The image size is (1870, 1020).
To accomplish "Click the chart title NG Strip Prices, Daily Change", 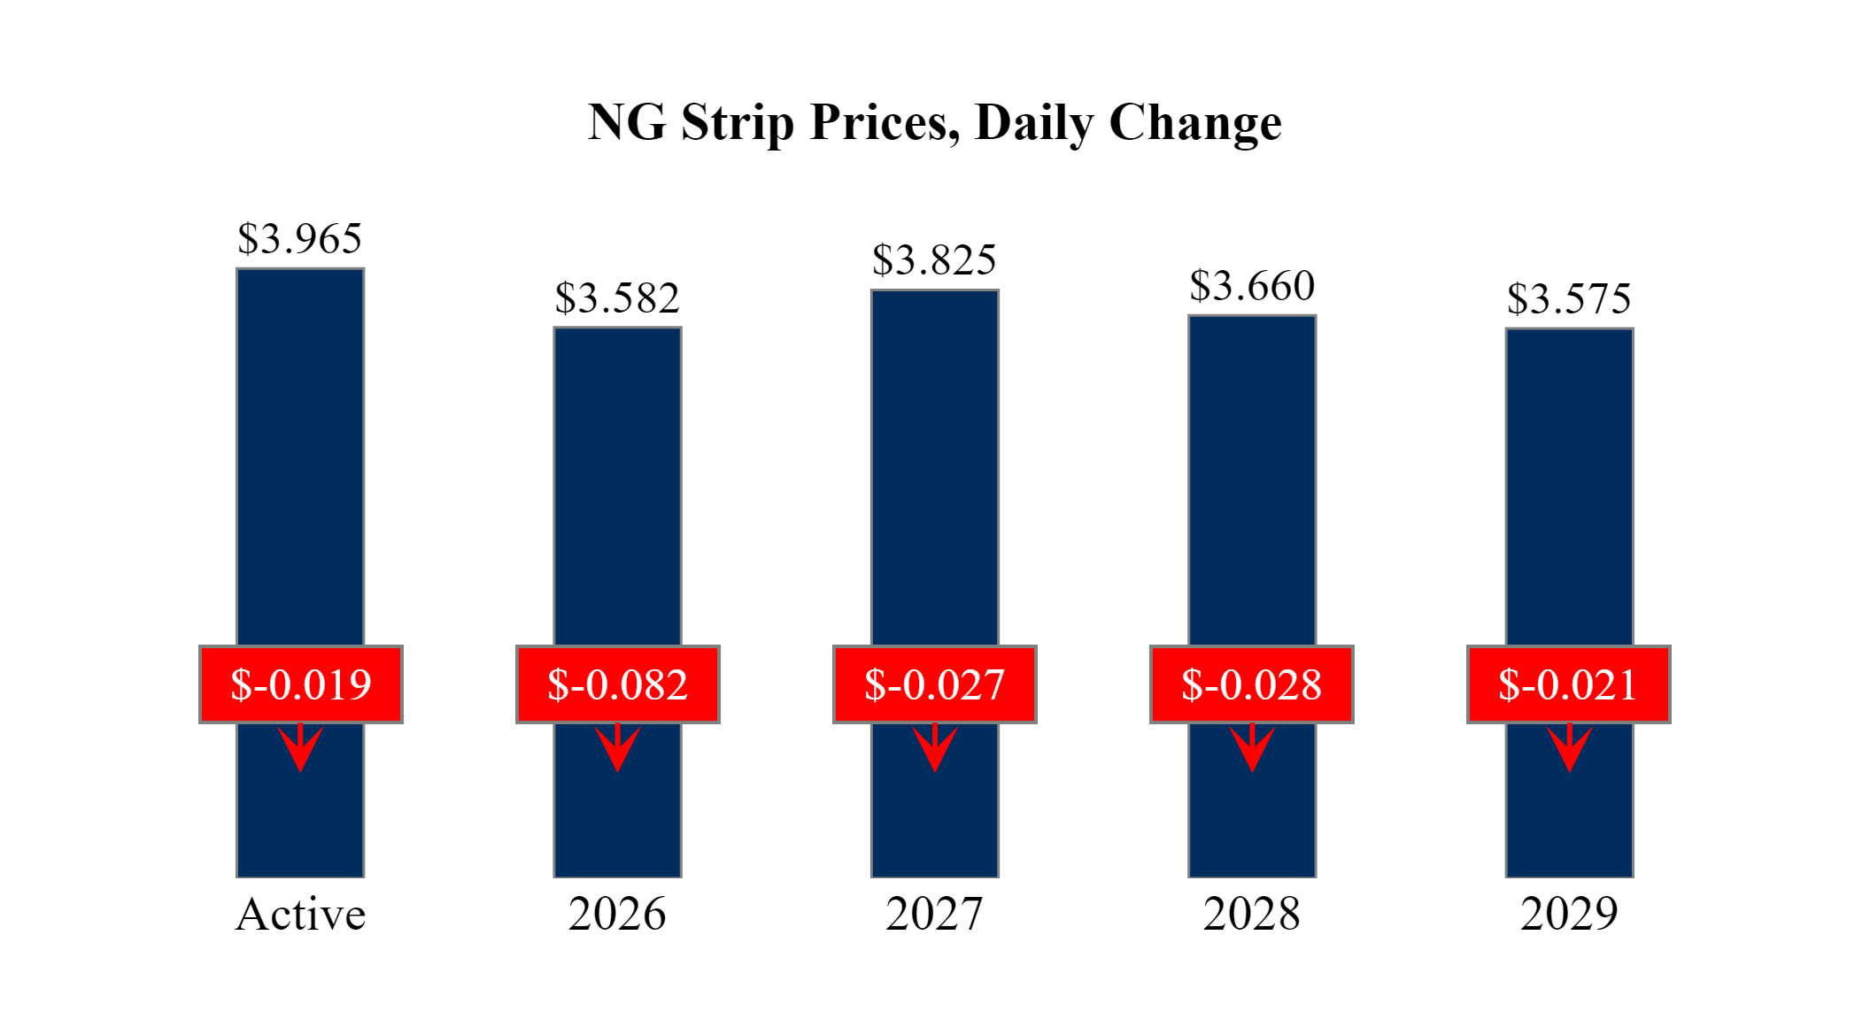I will tap(934, 122).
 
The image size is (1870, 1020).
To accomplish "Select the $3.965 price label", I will tap(300, 238).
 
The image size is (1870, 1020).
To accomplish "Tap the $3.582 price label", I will tap(617, 297).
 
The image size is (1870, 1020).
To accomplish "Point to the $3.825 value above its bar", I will tap(934, 259).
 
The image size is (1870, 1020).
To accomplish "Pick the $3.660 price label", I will tap(1252, 285).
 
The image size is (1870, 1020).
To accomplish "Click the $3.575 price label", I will tap(1569, 298).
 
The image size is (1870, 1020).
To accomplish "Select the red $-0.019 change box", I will tap(301, 684).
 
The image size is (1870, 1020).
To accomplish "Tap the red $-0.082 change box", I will tap(618, 684).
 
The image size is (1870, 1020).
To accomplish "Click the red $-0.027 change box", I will tap(935, 684).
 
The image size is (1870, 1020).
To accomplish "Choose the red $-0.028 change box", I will tap(1252, 684).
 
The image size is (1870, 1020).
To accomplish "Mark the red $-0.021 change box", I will tap(1569, 684).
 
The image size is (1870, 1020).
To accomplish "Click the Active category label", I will tap(300, 914).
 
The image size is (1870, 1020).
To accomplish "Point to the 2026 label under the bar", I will tap(617, 914).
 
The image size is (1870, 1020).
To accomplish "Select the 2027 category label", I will tap(934, 914).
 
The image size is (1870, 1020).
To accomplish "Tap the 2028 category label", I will tap(1252, 914).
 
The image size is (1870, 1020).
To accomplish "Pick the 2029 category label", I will tap(1569, 914).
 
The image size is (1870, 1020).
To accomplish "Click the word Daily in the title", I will tap(1034, 122).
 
